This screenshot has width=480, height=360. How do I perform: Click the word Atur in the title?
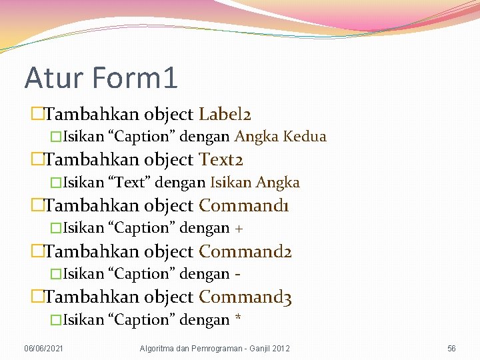tap(53, 77)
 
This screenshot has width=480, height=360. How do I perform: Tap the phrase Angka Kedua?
tap(280, 137)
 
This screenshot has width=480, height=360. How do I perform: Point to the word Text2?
tap(221, 160)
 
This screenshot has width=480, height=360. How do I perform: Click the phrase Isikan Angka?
tap(255, 182)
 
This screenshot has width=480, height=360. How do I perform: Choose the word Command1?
tap(244, 205)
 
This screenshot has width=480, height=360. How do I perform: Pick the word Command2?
tap(245, 251)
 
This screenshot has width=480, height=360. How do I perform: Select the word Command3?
tap(245, 297)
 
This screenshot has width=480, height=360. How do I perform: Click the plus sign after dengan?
tap(239, 229)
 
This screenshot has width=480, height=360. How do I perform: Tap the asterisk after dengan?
tap(238, 319)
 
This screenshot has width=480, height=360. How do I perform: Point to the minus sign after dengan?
tap(237, 274)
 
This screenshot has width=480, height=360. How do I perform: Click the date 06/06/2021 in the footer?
tap(45, 349)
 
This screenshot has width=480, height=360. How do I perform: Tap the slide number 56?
tap(451, 349)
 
